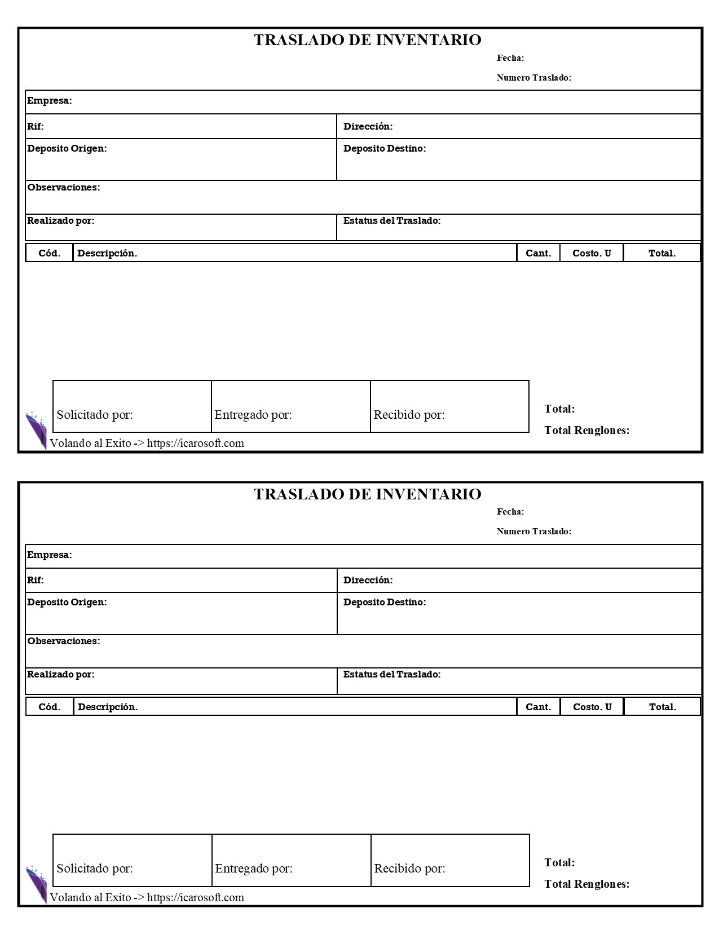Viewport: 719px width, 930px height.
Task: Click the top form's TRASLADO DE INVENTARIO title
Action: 367,40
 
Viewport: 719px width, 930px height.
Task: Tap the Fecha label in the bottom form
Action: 510,512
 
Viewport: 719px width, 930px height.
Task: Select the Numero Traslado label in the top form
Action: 533,78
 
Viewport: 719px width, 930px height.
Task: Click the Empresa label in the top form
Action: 50,101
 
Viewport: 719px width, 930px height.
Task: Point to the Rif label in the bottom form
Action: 36,580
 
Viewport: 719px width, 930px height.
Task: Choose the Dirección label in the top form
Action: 368,126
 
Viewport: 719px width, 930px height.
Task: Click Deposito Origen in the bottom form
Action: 67,602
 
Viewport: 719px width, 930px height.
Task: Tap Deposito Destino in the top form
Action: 385,149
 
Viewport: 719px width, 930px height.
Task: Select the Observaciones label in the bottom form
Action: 64,641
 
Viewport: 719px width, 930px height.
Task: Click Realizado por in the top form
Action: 61,221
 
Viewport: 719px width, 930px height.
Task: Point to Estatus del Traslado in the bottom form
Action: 392,674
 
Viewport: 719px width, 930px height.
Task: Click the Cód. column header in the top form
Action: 50,253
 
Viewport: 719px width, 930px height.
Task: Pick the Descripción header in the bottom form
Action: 108,707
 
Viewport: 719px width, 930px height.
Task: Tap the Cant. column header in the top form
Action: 538,253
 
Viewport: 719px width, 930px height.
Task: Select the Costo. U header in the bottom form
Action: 592,707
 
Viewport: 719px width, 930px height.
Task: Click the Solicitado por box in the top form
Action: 132,406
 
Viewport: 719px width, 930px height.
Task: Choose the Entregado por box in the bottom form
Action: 291,860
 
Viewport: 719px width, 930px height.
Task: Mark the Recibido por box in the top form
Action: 449,406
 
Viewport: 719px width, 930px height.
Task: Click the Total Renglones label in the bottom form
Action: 586,884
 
